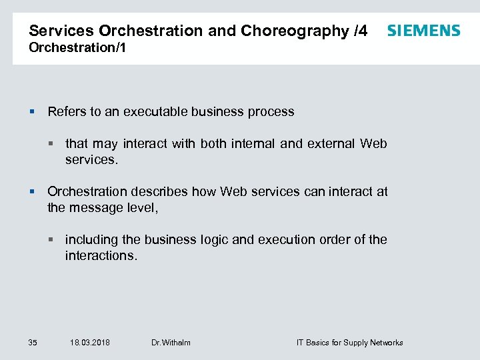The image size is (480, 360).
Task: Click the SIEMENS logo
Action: point(423,31)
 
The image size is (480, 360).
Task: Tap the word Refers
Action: point(66,111)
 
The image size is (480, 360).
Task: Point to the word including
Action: point(91,239)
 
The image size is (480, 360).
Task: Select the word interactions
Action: point(101,255)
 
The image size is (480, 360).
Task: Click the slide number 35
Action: point(33,343)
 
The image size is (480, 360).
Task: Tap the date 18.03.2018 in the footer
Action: point(90,343)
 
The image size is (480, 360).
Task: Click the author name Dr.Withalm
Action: point(171,343)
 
